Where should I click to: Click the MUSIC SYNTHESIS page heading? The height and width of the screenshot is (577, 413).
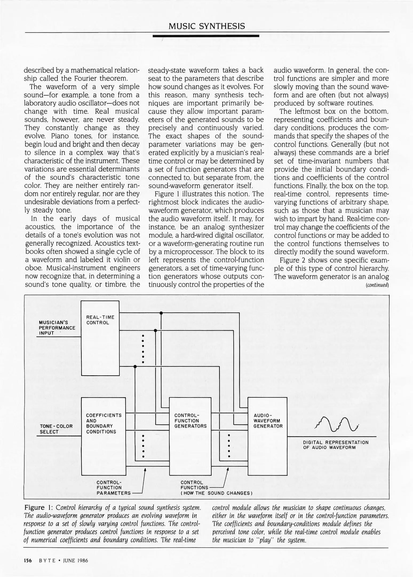click(207, 26)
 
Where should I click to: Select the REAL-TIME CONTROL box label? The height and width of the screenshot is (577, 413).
click(100, 320)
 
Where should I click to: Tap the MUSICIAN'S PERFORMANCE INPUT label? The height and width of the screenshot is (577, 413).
click(57, 328)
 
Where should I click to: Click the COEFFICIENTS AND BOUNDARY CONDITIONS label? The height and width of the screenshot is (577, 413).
click(104, 423)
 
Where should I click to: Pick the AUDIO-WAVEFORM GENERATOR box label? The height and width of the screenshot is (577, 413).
click(268, 421)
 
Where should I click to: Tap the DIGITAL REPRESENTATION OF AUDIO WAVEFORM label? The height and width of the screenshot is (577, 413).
click(336, 445)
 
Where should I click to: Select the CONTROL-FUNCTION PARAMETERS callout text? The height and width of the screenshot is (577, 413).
click(113, 488)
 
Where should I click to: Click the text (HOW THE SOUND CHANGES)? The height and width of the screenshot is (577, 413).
click(216, 493)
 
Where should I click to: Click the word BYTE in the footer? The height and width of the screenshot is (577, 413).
click(47, 560)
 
